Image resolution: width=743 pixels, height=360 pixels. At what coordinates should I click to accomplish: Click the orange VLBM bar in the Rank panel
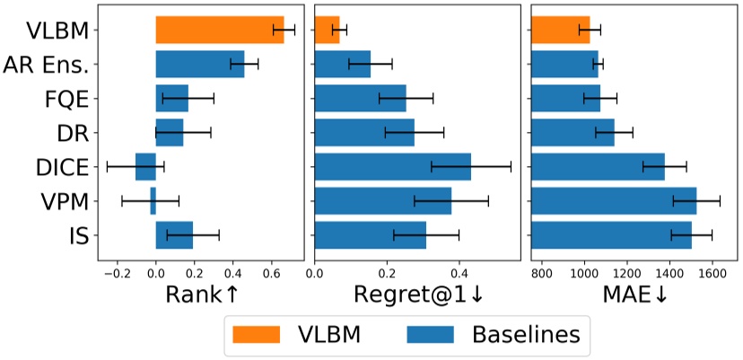(219, 30)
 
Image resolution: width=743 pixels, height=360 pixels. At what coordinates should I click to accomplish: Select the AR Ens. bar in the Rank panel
(199, 64)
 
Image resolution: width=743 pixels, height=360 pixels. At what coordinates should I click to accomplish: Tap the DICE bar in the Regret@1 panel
(392, 166)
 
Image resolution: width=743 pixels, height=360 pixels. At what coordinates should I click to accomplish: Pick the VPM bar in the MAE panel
(614, 200)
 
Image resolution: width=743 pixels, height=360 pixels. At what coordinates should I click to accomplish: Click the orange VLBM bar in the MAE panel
(560, 30)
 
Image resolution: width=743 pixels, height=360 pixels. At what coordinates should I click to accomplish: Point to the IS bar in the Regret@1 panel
(370, 234)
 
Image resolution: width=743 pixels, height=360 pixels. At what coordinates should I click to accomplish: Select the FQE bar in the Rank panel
(171, 98)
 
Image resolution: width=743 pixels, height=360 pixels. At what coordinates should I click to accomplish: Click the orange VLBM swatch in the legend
(258, 334)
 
